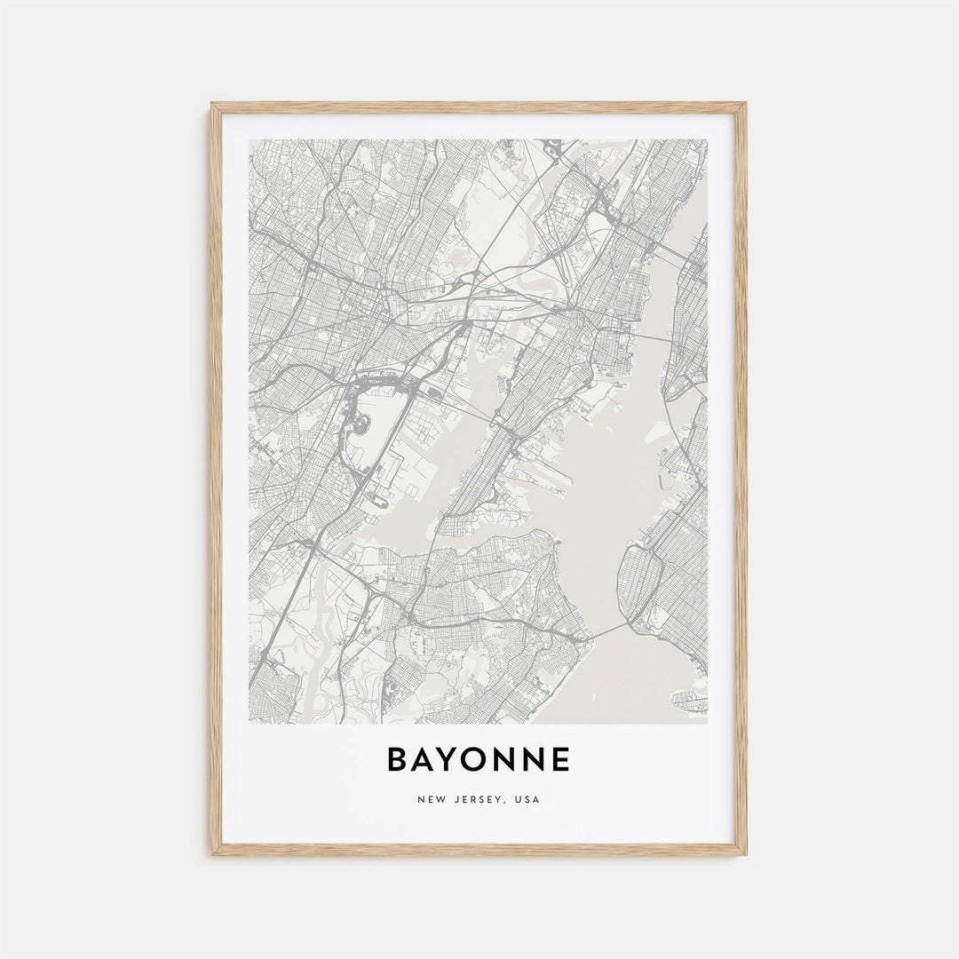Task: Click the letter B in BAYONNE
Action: [397, 760]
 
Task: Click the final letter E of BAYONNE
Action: [559, 760]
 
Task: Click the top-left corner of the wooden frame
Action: [212, 104]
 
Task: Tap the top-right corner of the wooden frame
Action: [746, 104]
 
